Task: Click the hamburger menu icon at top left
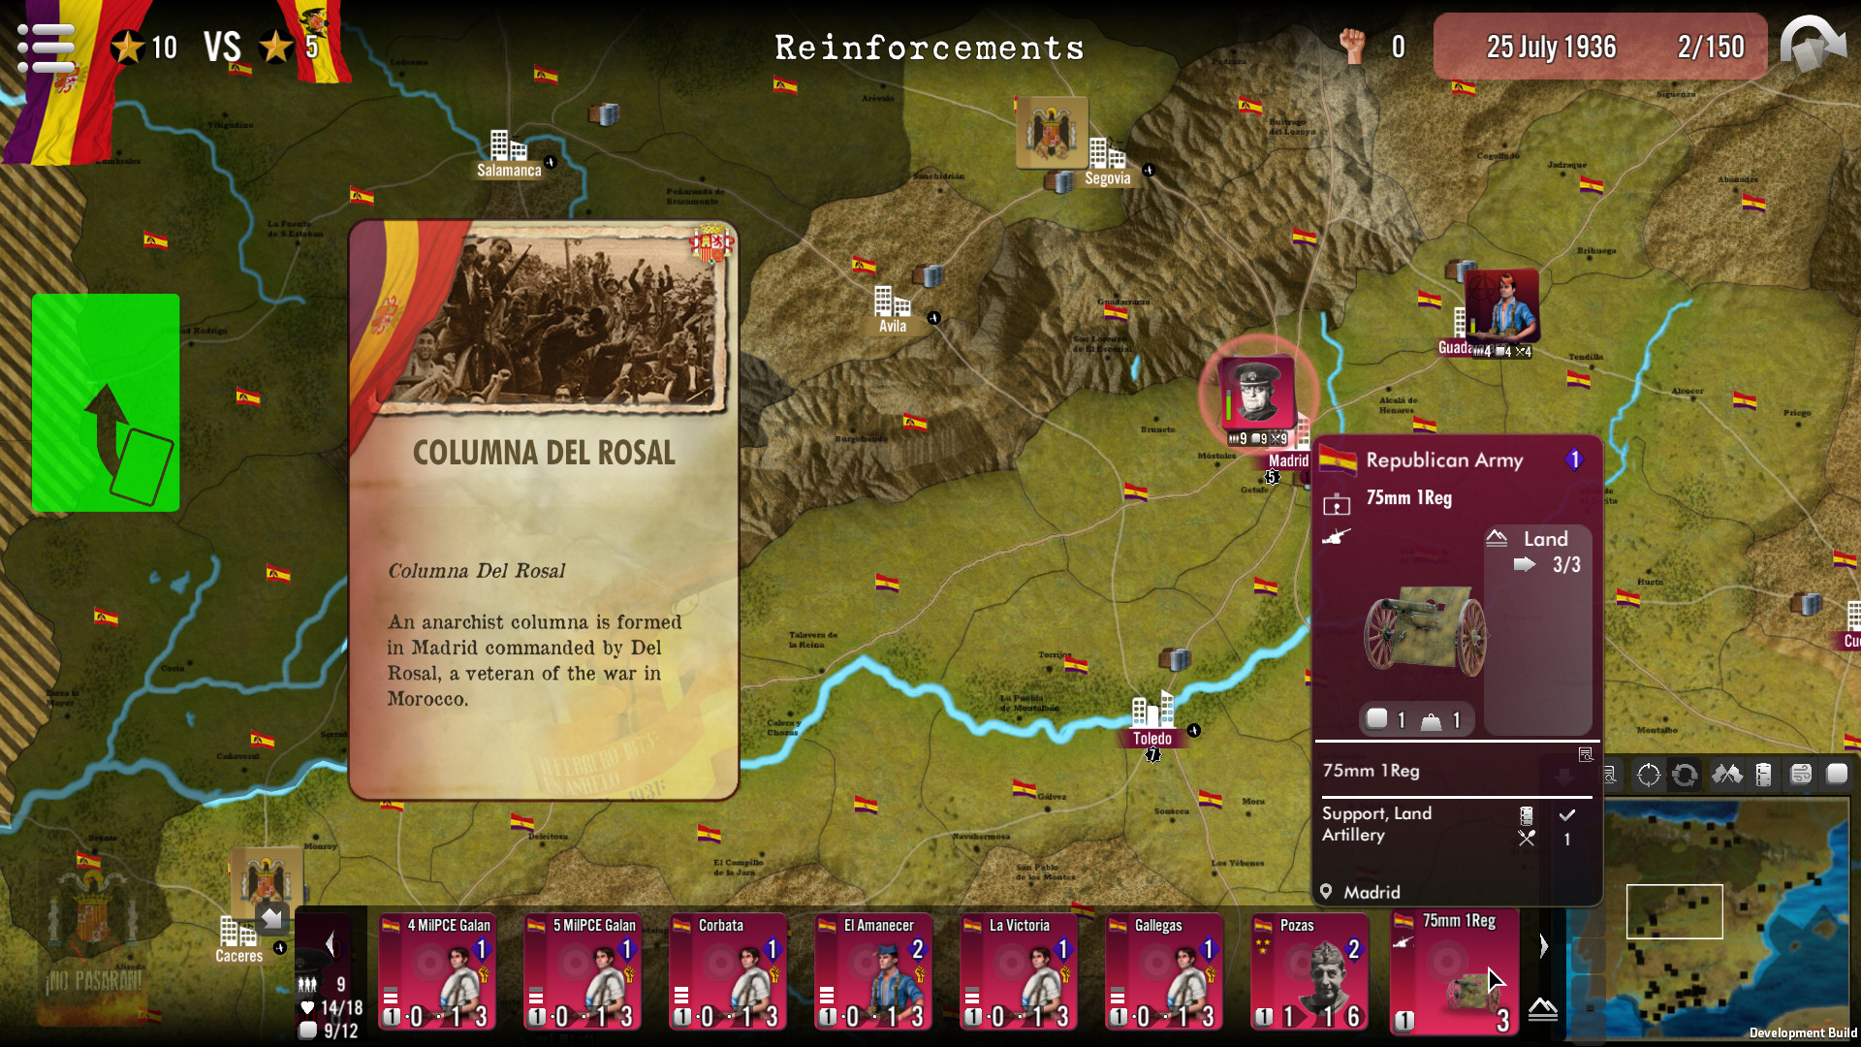(46, 47)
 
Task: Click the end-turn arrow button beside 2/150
(1814, 45)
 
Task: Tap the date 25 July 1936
(1551, 47)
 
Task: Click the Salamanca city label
(509, 171)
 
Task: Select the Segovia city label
(1107, 178)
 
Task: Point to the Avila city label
(893, 327)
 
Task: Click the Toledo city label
(1151, 739)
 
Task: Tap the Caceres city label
(238, 956)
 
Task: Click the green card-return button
(106, 402)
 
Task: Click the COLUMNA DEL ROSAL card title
(544, 453)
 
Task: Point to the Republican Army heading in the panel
(1444, 460)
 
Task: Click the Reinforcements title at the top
(929, 48)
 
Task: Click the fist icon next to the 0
(1352, 46)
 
